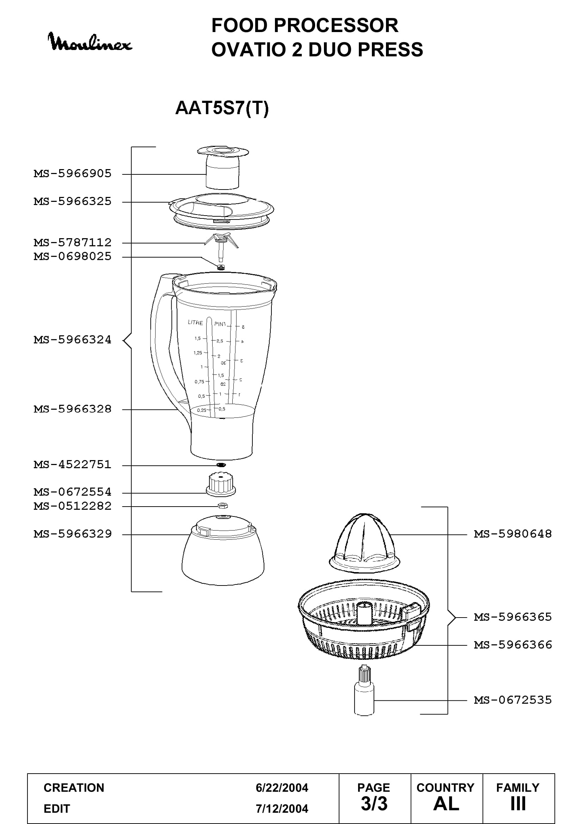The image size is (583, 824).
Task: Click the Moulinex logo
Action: point(90,42)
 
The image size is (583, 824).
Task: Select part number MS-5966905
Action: point(73,174)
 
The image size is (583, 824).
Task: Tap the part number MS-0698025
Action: point(73,256)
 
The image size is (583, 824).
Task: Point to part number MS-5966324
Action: point(73,340)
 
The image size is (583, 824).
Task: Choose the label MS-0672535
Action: point(513,700)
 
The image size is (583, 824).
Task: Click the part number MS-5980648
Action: point(513,534)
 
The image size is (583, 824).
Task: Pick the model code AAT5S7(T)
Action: point(222,108)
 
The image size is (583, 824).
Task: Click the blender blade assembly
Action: point(220,248)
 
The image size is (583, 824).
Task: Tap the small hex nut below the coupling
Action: point(222,506)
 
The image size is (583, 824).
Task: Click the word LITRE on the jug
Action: point(195,323)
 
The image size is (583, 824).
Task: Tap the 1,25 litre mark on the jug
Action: point(198,353)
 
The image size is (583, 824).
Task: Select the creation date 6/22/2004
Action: point(282,788)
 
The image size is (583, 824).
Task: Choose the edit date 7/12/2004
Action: point(282,808)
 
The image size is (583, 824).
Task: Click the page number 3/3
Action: point(374,804)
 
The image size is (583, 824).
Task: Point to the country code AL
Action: point(446,804)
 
